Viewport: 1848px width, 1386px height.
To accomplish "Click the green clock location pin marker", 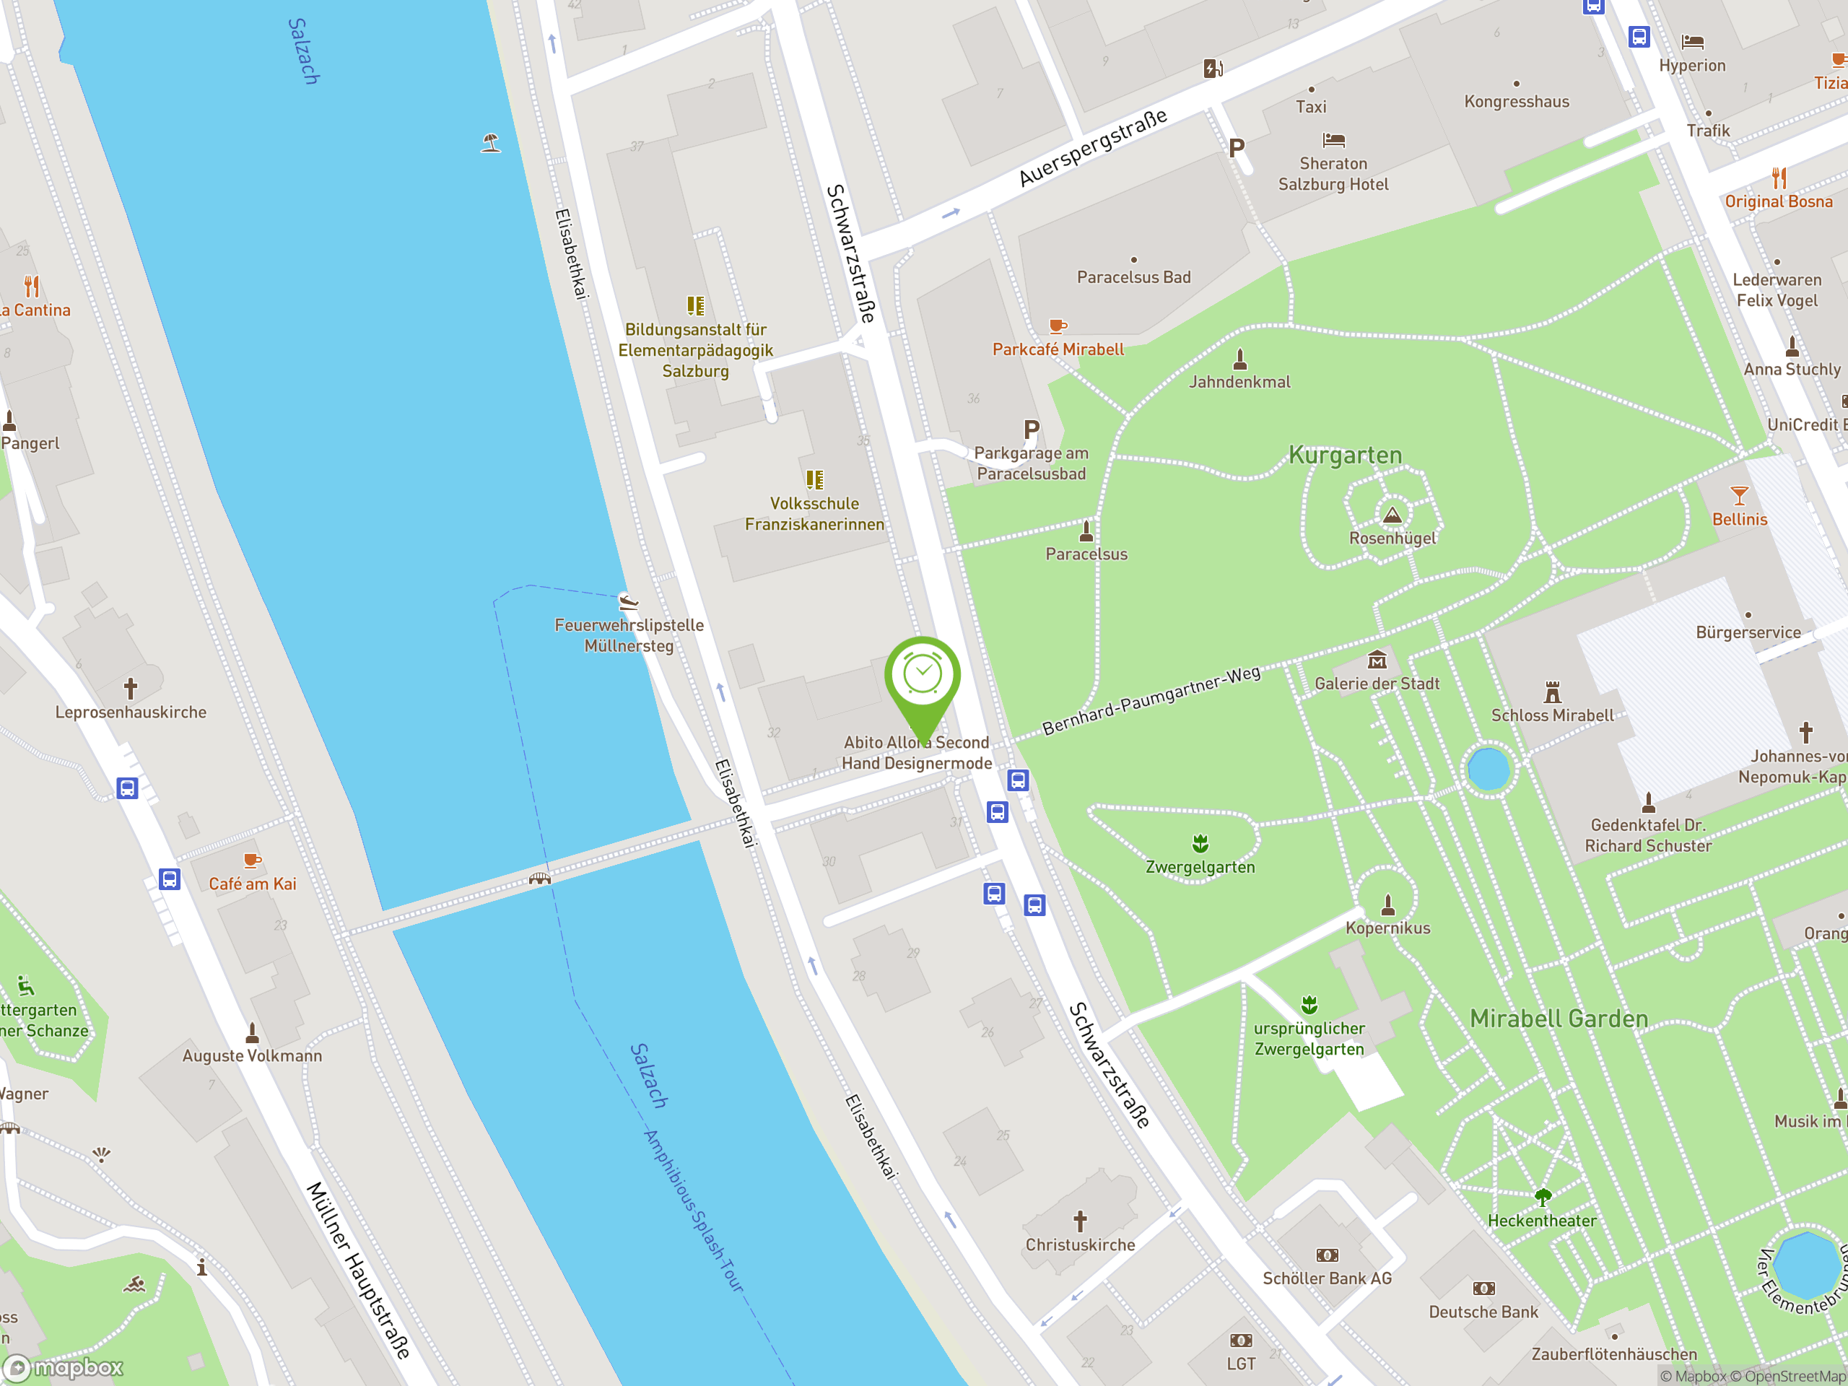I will click(923, 675).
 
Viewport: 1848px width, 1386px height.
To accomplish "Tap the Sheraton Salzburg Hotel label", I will click(1333, 174).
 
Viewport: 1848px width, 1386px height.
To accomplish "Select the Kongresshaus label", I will click(1517, 102).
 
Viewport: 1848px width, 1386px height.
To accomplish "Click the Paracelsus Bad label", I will click(1133, 277).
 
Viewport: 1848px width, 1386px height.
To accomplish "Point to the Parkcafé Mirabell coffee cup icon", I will click(1058, 326).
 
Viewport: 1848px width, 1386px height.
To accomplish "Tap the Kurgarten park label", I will click(1345, 456).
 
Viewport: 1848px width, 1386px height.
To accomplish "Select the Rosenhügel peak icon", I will click(1392, 515).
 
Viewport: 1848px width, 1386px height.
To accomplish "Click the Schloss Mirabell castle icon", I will click(1552, 692).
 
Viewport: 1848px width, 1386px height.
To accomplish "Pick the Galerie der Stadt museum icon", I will click(1377, 661).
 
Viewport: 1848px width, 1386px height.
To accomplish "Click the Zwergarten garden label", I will click(1200, 867).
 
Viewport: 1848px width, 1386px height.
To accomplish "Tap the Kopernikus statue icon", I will click(1387, 905).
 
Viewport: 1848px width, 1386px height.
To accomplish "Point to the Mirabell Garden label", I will click(1559, 1019).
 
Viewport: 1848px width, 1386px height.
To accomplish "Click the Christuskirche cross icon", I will click(1080, 1221).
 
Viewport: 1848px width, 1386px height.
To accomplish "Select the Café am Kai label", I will click(253, 884).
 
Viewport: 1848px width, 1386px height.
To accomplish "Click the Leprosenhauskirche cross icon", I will click(131, 689).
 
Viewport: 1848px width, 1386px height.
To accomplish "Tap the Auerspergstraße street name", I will click(1093, 148).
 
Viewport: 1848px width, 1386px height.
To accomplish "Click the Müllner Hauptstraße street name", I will click(359, 1270).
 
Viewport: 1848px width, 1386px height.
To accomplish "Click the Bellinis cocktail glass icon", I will click(1740, 496).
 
